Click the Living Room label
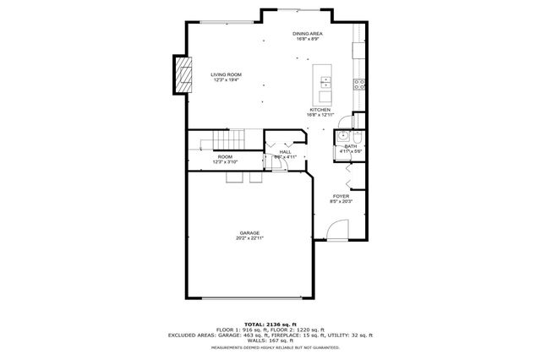coord(226,74)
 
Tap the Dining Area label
coord(307,34)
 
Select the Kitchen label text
coord(320,109)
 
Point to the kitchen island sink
coord(325,82)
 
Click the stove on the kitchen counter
coord(358,84)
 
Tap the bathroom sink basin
coord(343,138)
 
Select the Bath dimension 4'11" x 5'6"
coord(351,151)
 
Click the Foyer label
coord(341,196)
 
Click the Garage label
coord(249,232)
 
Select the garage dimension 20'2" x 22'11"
coord(249,237)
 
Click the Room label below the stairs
coord(225,156)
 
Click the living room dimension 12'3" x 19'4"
coord(226,79)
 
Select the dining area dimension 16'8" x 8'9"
coord(307,39)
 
